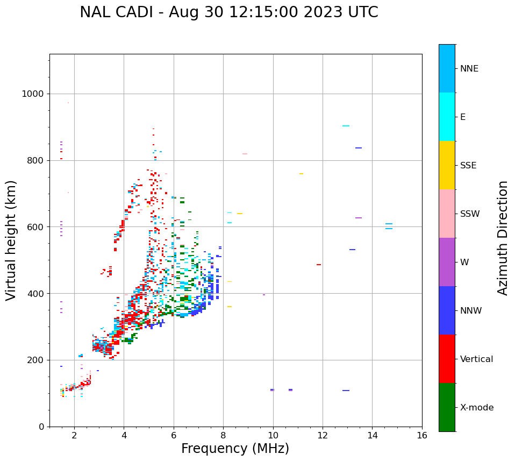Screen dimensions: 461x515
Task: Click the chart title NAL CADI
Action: pyautogui.click(x=228, y=12)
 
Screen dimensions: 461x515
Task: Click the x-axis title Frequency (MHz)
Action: pyautogui.click(x=235, y=449)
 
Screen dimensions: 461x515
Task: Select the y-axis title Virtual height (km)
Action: pyautogui.click(x=11, y=240)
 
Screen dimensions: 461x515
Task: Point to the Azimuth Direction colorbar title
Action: pyautogui.click(x=503, y=238)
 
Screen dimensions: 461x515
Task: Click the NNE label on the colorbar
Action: pyautogui.click(x=469, y=69)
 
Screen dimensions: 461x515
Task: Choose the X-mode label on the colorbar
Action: pyautogui.click(x=476, y=408)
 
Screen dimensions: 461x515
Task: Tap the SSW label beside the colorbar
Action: pyautogui.click(x=470, y=214)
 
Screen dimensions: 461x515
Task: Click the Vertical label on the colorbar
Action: pyautogui.click(x=476, y=359)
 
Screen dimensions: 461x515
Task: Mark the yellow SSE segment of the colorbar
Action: pyautogui.click(x=447, y=165)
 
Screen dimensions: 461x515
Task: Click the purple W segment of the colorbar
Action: pyautogui.click(x=447, y=262)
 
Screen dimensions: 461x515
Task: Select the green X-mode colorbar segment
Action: pyautogui.click(x=447, y=407)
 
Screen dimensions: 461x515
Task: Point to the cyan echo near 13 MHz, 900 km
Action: pyautogui.click(x=346, y=126)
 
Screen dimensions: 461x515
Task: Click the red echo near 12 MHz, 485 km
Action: pyautogui.click(x=319, y=265)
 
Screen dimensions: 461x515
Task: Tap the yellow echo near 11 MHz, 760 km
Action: pyautogui.click(x=301, y=174)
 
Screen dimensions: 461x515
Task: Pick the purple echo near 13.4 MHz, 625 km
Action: pyautogui.click(x=359, y=218)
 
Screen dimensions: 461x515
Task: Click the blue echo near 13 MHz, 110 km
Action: pyautogui.click(x=346, y=391)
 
